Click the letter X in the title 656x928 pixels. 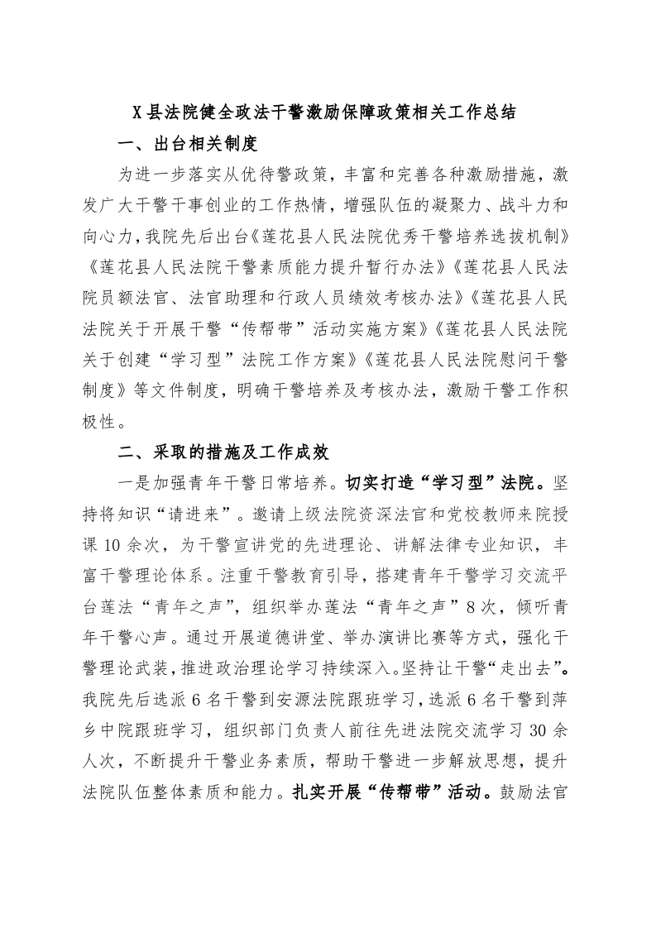[138, 113]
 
